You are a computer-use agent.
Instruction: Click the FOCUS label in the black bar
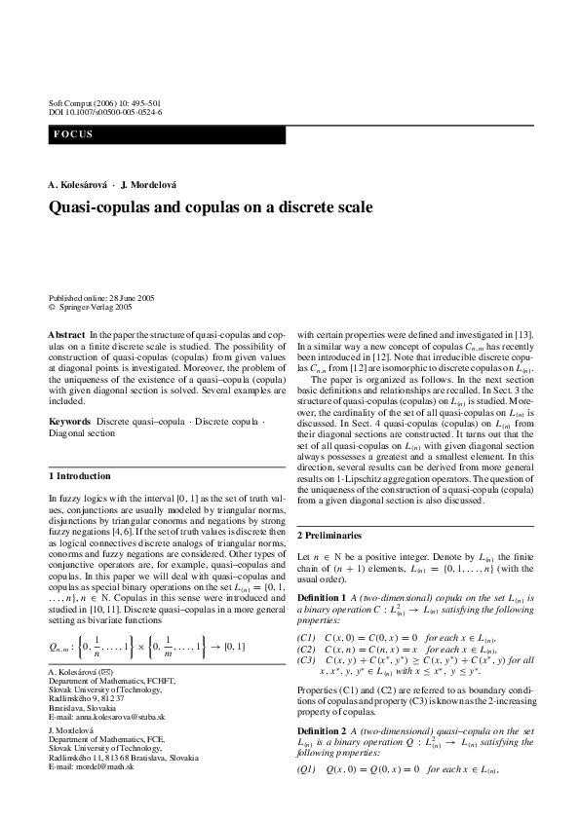[74, 134]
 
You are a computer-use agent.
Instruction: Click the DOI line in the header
[105, 112]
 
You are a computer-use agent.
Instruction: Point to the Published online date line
[100, 298]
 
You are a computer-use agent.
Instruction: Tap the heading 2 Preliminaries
[331, 536]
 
